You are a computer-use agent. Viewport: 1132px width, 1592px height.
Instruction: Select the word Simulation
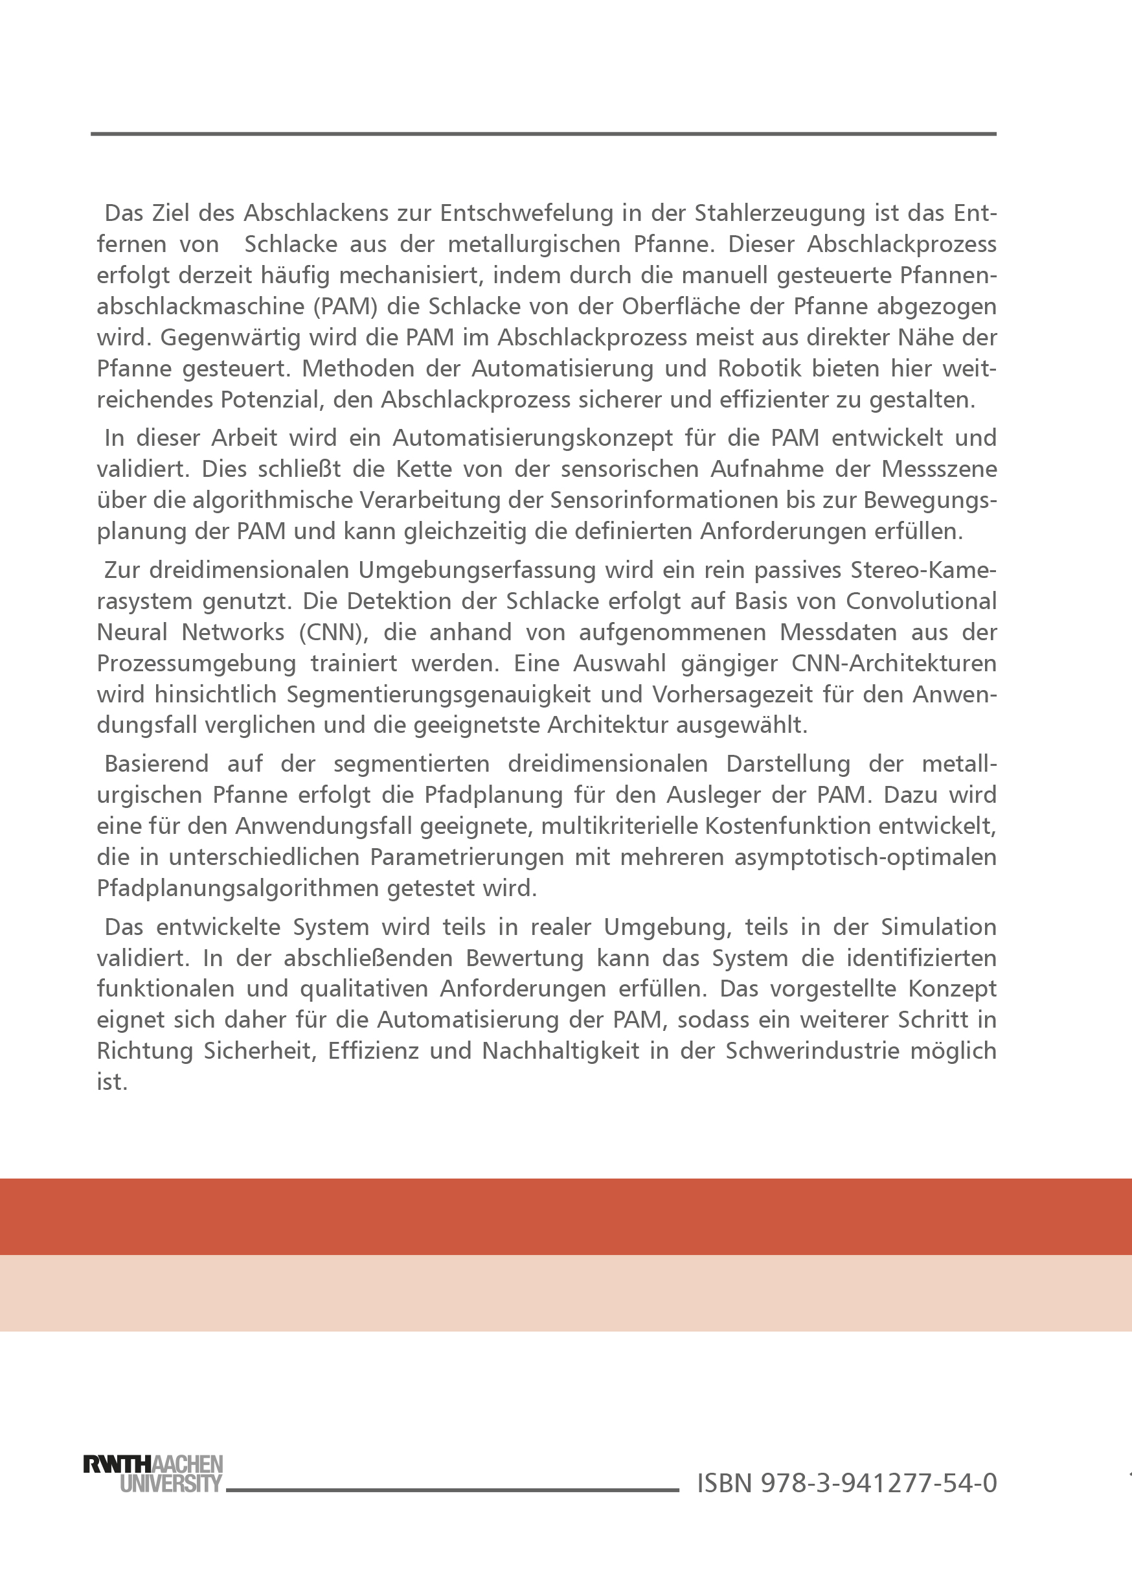pyautogui.click(x=938, y=927)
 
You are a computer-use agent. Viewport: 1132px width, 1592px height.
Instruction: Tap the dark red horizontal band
pyautogui.click(x=566, y=1216)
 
